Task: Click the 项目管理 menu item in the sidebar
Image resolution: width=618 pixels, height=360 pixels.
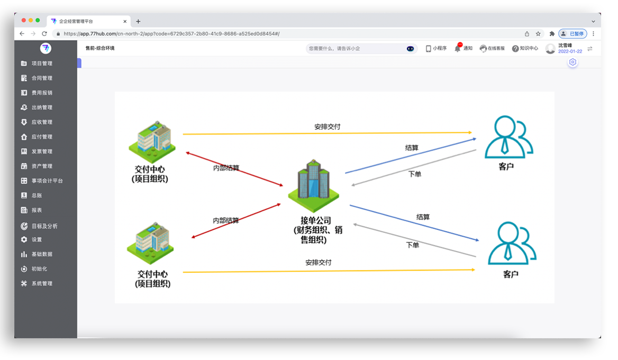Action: [x=37, y=63]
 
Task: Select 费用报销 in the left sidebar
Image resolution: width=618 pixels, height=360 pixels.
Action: [x=37, y=93]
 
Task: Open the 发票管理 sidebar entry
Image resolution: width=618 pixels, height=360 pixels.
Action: [x=37, y=151]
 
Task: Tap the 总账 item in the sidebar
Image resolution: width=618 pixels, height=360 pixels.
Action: [x=31, y=195]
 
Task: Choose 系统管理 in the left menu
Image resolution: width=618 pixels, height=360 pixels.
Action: [x=37, y=284]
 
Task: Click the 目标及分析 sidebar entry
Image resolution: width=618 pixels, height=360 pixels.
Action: [x=39, y=226]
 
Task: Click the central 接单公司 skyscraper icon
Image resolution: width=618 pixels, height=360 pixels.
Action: [x=313, y=186]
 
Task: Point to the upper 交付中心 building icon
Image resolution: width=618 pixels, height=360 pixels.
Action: [x=152, y=142]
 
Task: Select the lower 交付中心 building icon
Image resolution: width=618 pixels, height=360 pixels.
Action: [x=150, y=243]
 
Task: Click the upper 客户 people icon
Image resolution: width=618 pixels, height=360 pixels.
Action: [x=508, y=137]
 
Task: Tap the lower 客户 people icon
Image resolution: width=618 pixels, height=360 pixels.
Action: [x=512, y=243]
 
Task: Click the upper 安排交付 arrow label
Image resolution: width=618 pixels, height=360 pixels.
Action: [x=327, y=127]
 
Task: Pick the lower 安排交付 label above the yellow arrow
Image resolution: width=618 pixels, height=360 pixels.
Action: [x=319, y=262]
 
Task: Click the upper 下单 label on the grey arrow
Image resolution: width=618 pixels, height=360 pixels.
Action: [x=415, y=174]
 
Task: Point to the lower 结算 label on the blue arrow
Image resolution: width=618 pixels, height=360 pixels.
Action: [x=423, y=217]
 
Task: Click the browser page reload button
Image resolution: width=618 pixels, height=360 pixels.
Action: [x=44, y=33]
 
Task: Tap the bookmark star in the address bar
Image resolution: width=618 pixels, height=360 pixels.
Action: [x=538, y=33]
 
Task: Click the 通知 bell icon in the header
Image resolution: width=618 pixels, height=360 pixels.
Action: [x=457, y=48]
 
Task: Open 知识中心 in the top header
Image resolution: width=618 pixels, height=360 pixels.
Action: [x=525, y=49]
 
